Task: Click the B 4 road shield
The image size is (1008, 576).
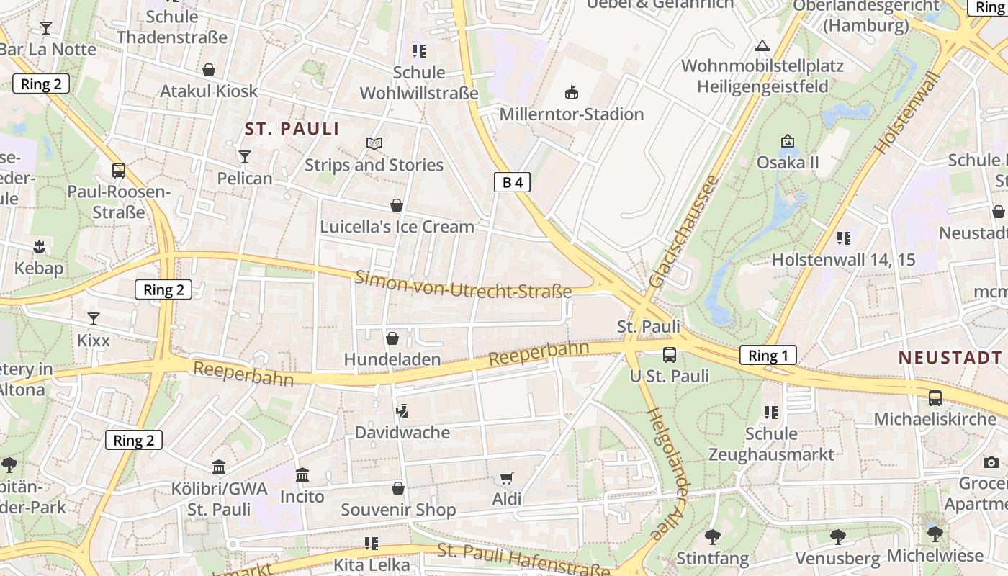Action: click(x=512, y=182)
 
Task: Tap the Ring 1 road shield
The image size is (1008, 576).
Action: click(x=768, y=355)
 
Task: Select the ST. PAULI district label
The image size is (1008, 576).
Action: click(x=292, y=129)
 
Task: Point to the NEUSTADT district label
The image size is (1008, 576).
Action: click(x=950, y=358)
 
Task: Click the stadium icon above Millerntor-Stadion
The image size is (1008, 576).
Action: click(x=572, y=92)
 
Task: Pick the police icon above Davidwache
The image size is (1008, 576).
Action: click(x=402, y=411)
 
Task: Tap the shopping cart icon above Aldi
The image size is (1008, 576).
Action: click(x=507, y=479)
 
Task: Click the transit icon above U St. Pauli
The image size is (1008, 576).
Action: click(x=670, y=355)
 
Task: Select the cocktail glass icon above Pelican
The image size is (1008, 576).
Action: click(x=245, y=156)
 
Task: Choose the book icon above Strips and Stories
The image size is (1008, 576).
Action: click(x=374, y=143)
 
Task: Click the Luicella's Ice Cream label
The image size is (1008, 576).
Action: click(x=397, y=227)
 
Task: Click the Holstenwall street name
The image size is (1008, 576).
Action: click(x=909, y=114)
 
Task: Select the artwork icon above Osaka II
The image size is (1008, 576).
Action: click(x=787, y=141)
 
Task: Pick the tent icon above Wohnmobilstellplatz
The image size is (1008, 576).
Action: click(x=762, y=46)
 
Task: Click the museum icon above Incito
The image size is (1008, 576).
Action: click(x=302, y=475)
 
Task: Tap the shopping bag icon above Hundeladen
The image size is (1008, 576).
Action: click(x=392, y=338)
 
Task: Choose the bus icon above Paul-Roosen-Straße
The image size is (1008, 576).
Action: click(x=119, y=171)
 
